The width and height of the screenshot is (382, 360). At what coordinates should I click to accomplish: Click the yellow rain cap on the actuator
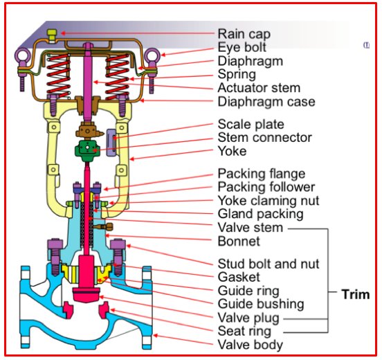click(52, 35)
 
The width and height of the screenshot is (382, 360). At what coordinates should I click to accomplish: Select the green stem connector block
click(87, 150)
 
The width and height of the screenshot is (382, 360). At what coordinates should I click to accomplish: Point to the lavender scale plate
click(111, 143)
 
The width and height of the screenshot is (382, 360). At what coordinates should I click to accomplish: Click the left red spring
click(58, 76)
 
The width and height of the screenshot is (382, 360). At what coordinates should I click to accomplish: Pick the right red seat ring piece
click(104, 310)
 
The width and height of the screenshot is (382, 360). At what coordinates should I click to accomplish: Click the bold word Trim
click(356, 294)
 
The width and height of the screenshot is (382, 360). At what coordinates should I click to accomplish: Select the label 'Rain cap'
click(244, 34)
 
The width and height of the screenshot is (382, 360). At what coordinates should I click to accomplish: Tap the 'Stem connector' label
click(264, 138)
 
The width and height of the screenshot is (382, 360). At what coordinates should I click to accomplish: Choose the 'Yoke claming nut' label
click(269, 201)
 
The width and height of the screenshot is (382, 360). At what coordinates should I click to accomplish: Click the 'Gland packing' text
click(260, 214)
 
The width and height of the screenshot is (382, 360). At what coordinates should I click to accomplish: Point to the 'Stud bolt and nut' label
click(269, 264)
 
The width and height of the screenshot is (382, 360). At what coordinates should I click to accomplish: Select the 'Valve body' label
click(251, 345)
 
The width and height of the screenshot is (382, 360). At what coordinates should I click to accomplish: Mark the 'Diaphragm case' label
click(266, 102)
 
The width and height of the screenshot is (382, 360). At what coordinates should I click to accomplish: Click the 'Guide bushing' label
click(261, 304)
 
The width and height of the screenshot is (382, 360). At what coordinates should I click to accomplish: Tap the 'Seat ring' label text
click(244, 331)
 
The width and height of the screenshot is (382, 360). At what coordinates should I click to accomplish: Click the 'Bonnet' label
click(239, 242)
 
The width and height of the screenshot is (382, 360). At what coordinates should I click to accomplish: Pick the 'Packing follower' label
click(266, 187)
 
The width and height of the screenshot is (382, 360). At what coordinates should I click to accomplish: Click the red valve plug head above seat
click(87, 294)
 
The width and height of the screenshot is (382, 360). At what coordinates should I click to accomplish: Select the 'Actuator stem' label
click(259, 88)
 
